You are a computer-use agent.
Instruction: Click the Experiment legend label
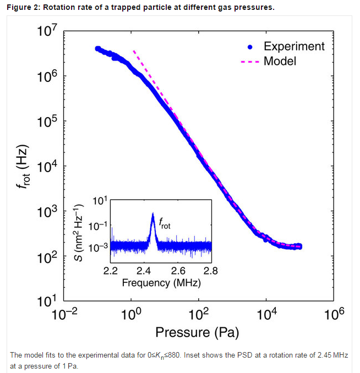pos(294,47)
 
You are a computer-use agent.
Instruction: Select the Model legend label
pos(280,61)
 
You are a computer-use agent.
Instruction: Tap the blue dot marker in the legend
pos(250,47)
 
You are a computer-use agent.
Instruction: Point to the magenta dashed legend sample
pos(250,62)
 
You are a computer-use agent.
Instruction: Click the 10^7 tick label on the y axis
pos(47,30)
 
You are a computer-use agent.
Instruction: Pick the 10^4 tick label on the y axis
pos(47,166)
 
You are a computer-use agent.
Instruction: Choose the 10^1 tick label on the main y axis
pos(47,301)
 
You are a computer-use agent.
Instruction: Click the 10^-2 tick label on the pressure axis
pos(64,314)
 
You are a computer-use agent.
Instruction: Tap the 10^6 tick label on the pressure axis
pos(334,314)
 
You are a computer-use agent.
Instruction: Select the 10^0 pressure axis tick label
pos(131,314)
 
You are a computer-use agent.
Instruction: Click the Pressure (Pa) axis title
pos(197,332)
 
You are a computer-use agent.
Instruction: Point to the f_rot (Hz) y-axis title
pos(23,167)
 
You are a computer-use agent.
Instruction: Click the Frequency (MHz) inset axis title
pos(161,283)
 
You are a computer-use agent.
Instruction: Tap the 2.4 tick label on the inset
pos(144,271)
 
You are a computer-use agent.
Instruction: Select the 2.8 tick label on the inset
pos(211,271)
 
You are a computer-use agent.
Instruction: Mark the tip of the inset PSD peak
pos(153,213)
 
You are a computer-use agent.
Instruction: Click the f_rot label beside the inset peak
pos(165,223)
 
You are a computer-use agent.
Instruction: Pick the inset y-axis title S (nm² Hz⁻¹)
pos(78,233)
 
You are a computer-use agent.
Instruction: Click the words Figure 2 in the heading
pos(23,7)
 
